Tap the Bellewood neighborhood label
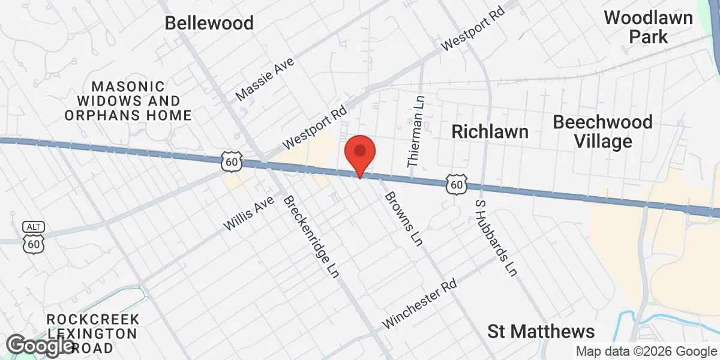tap(209, 23)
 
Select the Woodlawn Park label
tap(648, 26)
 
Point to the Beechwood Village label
tap(602, 131)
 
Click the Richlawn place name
tap(490, 131)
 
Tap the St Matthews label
tap(541, 331)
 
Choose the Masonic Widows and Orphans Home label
tap(128, 101)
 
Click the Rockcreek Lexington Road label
tap(92, 333)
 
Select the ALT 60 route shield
tap(32, 238)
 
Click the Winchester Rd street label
tap(420, 304)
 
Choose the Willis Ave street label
tap(248, 214)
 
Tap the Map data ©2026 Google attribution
tap(646, 351)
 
